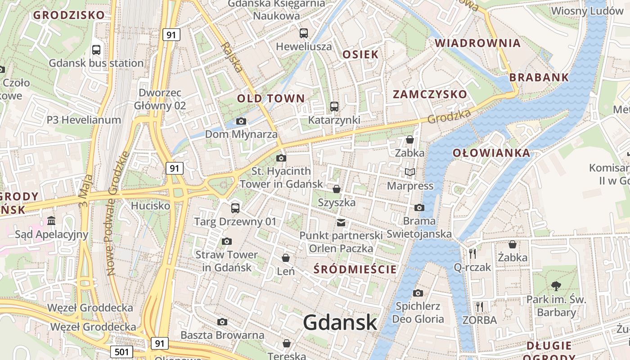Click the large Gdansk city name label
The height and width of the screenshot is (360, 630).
click(x=340, y=322)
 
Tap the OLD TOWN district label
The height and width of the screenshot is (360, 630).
click(x=271, y=99)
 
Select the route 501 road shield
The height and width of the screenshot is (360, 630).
click(x=121, y=352)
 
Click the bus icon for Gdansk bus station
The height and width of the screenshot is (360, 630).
click(x=96, y=50)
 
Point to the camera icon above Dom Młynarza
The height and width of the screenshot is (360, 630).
click(x=241, y=121)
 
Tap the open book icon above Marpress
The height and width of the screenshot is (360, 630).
click(x=409, y=172)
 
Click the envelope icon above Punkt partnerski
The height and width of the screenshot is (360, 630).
click(x=341, y=222)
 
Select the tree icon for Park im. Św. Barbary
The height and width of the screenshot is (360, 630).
click(x=556, y=285)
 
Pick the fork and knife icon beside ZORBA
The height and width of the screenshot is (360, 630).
click(x=480, y=307)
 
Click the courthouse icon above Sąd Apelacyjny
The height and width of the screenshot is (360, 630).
click(x=51, y=221)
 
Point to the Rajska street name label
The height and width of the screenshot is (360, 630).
click(x=232, y=58)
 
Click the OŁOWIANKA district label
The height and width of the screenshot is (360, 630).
click(x=491, y=153)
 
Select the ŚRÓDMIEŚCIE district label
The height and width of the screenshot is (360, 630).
click(x=355, y=270)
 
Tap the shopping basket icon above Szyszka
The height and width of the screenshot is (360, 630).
click(x=336, y=189)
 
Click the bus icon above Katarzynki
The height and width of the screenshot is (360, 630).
click(x=334, y=107)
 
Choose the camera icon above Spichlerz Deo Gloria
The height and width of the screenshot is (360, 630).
click(x=418, y=293)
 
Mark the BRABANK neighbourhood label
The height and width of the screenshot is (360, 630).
click(x=539, y=77)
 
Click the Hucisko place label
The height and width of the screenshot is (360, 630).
click(x=150, y=206)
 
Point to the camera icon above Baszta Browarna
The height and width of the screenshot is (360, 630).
click(x=222, y=322)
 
